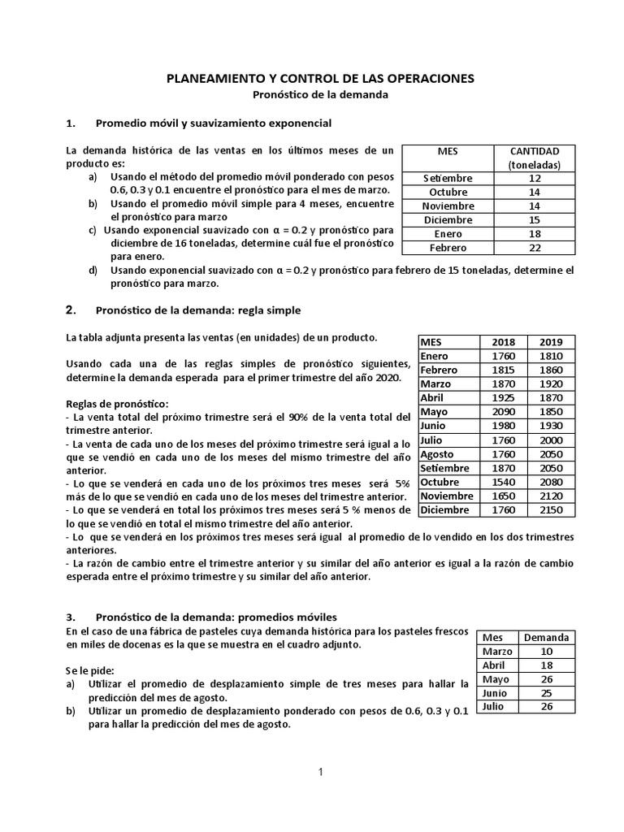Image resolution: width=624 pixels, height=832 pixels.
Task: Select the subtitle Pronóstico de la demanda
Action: pyautogui.click(x=320, y=94)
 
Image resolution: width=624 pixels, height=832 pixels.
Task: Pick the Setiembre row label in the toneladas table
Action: pyautogui.click(x=448, y=178)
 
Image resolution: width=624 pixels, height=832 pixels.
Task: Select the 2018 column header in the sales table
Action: pyautogui.click(x=504, y=342)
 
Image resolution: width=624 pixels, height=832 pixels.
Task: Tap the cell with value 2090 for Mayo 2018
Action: pyautogui.click(x=504, y=412)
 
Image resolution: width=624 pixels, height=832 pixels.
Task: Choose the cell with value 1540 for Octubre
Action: pyautogui.click(x=504, y=482)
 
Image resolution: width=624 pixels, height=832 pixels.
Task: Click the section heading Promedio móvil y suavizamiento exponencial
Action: pyautogui.click(x=214, y=123)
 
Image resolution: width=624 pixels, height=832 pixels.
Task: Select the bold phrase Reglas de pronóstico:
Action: pyautogui.click(x=118, y=403)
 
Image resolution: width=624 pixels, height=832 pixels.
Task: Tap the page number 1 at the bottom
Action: pyautogui.click(x=320, y=773)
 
